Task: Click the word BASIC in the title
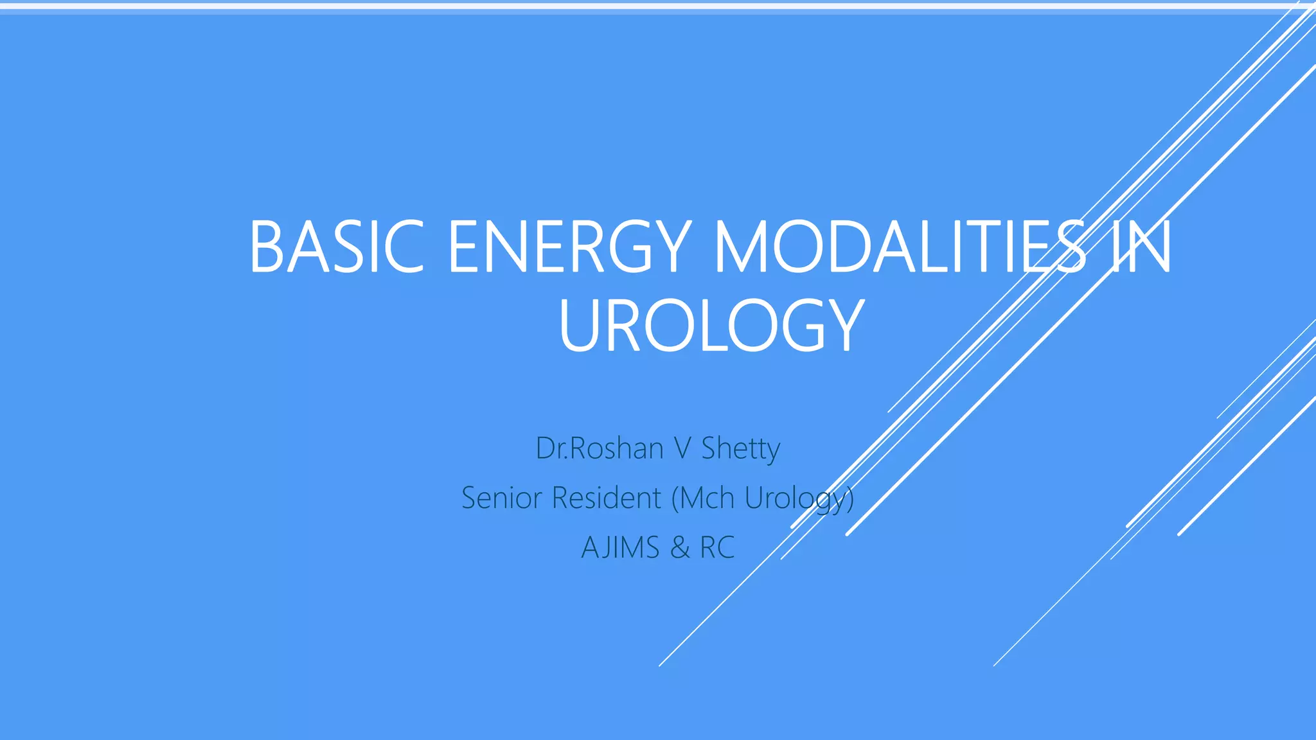point(336,247)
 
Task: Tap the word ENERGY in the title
point(569,247)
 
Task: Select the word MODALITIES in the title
point(900,247)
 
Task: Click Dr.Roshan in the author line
point(600,448)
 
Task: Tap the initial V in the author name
point(682,448)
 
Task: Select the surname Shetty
point(740,448)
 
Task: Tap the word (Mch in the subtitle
point(703,498)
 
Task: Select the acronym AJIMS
point(620,548)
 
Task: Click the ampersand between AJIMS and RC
point(680,548)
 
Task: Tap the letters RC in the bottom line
point(717,548)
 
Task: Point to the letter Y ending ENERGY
point(668,247)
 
